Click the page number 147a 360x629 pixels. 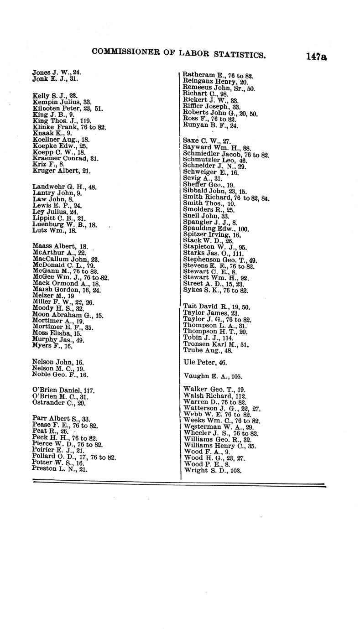(317, 57)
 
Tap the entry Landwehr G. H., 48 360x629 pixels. (64, 187)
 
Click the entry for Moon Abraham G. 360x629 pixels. (68, 315)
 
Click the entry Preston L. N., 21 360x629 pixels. (60, 468)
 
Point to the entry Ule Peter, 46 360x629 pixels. (205, 363)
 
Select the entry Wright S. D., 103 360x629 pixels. (212, 470)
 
